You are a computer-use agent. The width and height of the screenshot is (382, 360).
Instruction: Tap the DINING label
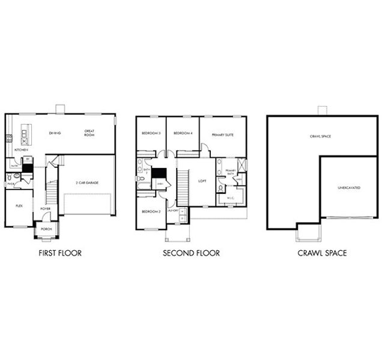pos(55,133)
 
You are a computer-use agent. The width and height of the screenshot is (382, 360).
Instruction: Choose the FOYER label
pos(46,209)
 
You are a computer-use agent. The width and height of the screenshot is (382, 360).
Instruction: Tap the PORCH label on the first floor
pos(45,229)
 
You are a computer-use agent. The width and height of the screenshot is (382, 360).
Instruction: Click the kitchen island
pos(25,134)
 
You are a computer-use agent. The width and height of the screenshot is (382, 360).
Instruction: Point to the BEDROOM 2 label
pos(151,211)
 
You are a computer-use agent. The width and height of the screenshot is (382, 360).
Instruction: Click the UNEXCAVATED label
pos(349,188)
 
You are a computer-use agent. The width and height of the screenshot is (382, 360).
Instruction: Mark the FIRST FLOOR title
pos(59,253)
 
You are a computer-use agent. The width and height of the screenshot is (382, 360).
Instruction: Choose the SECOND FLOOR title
pos(191,253)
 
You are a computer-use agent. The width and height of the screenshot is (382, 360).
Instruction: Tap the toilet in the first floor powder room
pos(18,176)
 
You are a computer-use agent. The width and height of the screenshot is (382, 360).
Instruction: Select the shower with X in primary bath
pos(241,166)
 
